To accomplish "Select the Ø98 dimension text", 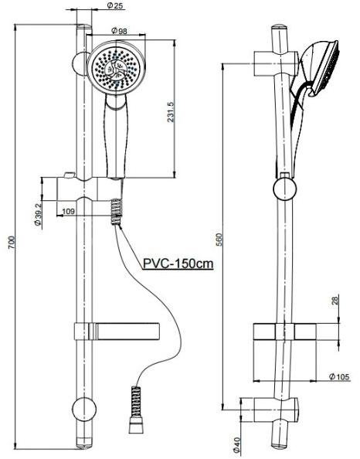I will tap(119, 30).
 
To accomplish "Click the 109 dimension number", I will tap(67, 210).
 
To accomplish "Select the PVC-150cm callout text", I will tap(178, 263).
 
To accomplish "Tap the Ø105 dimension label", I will tap(339, 376).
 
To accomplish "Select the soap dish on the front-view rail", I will tap(117, 330).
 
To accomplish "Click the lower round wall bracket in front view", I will tap(81, 410).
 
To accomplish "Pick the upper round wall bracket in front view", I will tap(80, 63).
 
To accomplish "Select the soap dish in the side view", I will tap(284, 331).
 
